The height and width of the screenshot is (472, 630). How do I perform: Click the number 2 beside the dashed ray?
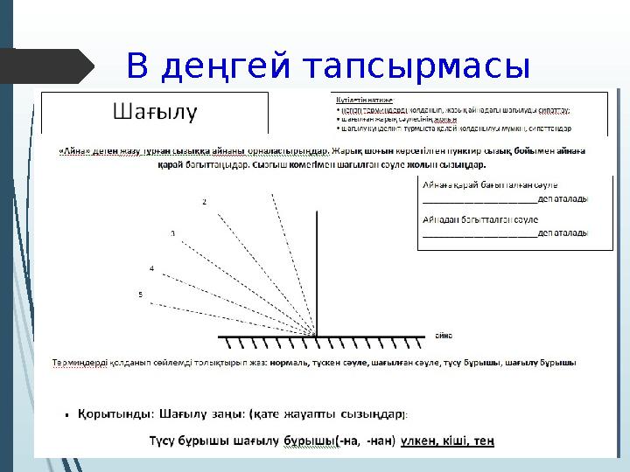(205, 202)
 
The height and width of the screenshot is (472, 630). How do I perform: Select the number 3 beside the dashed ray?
(172, 233)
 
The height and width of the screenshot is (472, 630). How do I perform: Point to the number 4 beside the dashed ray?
(151, 267)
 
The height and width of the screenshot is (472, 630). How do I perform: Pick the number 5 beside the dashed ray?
(140, 295)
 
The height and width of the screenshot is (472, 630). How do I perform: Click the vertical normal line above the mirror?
(316, 262)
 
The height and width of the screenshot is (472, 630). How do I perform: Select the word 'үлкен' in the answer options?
(421, 441)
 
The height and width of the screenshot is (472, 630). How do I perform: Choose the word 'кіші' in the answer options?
(457, 441)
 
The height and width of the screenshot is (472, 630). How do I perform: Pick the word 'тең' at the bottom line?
(484, 441)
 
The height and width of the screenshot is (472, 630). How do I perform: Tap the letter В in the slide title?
(136, 66)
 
